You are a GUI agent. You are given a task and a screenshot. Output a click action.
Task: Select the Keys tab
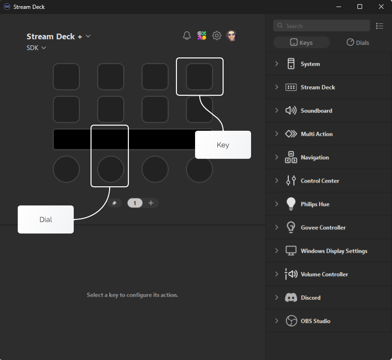[x=301, y=42]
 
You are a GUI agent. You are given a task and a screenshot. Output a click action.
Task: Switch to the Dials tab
[x=357, y=42]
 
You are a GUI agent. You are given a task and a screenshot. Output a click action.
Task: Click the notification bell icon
[x=187, y=35]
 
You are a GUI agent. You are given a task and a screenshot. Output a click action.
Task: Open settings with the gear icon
[x=217, y=35]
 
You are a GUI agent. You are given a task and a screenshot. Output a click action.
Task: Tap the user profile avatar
[x=231, y=35]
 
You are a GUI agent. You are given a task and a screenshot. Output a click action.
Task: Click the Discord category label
[x=310, y=297]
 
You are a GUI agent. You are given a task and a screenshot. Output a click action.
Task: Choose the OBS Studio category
[x=315, y=321]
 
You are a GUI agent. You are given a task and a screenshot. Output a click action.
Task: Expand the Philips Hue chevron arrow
[x=277, y=204]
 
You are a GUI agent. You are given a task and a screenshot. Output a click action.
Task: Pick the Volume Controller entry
[x=324, y=274]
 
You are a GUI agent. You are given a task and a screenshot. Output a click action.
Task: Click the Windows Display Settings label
[x=334, y=251]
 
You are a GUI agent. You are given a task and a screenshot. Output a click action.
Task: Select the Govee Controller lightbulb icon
[x=291, y=227]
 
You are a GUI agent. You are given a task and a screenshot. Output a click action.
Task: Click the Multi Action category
[x=316, y=134]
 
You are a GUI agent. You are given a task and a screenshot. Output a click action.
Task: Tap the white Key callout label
[x=223, y=145]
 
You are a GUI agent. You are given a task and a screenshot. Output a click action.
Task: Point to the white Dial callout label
[x=46, y=219]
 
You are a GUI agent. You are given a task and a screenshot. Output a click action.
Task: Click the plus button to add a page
[x=151, y=203]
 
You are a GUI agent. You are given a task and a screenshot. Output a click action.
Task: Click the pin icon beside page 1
[x=114, y=203]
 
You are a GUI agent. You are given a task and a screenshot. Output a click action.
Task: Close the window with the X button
[x=381, y=7]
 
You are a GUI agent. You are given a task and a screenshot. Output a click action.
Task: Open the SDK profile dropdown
[x=36, y=48]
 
